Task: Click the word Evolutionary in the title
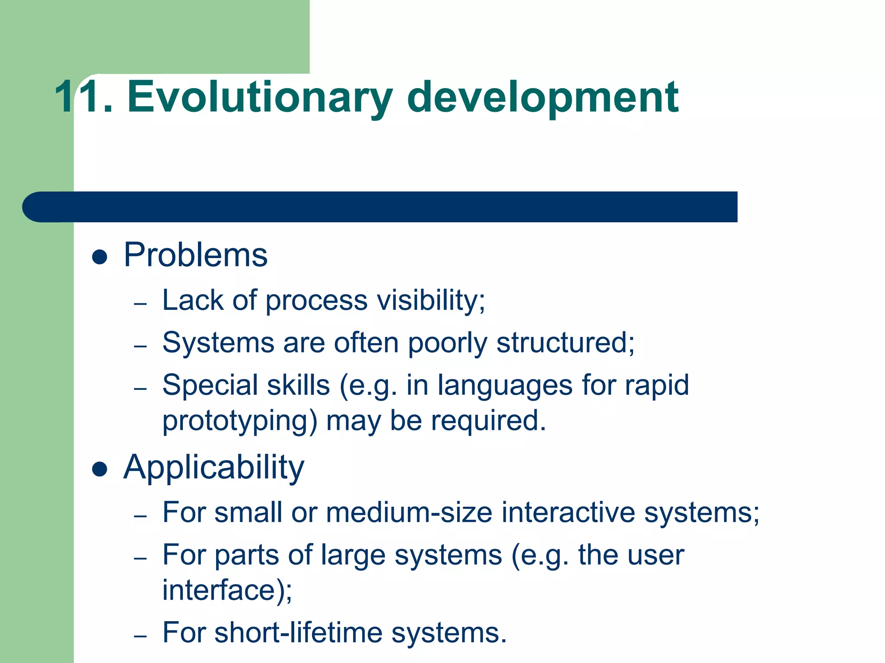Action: click(259, 98)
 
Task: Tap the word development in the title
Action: click(542, 98)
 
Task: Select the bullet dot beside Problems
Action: click(100, 257)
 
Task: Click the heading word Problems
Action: click(195, 256)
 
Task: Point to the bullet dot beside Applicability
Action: click(100, 470)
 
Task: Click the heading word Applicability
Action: click(213, 468)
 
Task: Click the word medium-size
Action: click(409, 513)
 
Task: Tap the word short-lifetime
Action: click(298, 633)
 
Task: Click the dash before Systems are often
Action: click(140, 346)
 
